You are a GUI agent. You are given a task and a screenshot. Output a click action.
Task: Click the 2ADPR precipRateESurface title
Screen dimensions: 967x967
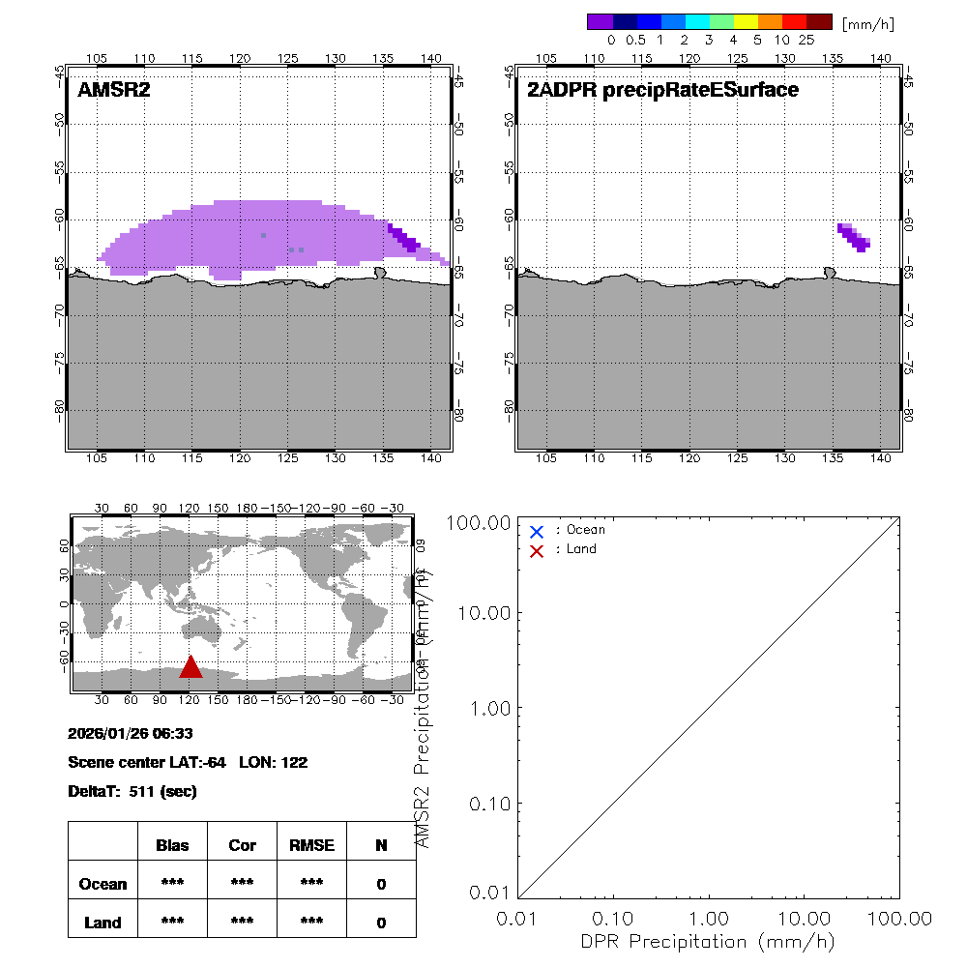tap(662, 90)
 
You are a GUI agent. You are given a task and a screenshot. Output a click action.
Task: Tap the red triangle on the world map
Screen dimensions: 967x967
tap(190, 667)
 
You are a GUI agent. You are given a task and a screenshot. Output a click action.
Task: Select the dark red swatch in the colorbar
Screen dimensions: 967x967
tap(819, 21)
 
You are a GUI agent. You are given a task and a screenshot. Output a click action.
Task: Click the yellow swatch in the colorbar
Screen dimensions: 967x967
tap(746, 21)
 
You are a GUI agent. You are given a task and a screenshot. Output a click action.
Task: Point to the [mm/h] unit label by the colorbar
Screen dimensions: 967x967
tap(868, 23)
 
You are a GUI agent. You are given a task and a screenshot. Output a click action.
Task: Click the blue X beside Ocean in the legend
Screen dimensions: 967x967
tap(537, 531)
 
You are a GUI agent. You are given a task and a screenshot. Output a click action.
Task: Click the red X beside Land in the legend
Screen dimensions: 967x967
tap(537, 550)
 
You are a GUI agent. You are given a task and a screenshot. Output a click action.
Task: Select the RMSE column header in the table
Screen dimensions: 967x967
tap(311, 845)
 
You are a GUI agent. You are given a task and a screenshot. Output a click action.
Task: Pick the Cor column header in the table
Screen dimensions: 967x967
tap(242, 845)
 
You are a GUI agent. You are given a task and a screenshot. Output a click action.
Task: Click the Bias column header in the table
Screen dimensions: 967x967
tap(172, 845)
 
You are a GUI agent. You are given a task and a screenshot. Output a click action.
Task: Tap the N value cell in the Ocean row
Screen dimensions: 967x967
tap(381, 884)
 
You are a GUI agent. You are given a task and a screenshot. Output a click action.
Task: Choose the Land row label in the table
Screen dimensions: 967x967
tap(103, 923)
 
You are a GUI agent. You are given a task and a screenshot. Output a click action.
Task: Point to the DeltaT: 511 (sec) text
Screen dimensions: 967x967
tap(132, 791)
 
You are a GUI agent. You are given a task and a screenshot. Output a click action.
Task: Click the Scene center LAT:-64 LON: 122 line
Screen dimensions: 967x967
tap(188, 762)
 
